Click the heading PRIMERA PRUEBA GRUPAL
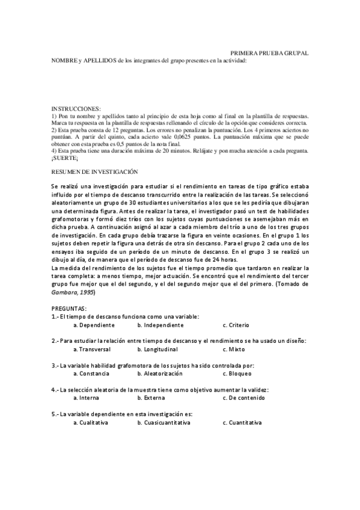click(270, 53)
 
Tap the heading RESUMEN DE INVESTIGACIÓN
click(95, 171)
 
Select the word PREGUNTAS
click(70, 307)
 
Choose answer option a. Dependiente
click(94, 325)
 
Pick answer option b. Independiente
click(160, 325)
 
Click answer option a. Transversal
click(92, 349)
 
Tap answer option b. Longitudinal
click(159, 349)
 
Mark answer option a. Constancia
click(91, 373)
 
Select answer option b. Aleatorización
click(161, 373)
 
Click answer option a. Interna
click(88, 398)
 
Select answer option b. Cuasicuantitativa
click(164, 422)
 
